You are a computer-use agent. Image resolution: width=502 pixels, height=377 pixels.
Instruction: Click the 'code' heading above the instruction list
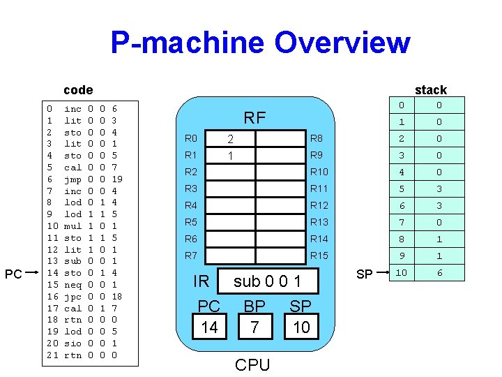(x=77, y=89)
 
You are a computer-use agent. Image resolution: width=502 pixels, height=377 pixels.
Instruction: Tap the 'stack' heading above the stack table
(x=430, y=89)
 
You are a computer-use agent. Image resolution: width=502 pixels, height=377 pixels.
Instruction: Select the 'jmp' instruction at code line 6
(x=73, y=179)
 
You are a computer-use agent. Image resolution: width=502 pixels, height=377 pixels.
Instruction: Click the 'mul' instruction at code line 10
(x=73, y=226)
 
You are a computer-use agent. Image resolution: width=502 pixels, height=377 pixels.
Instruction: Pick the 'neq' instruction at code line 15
(x=73, y=285)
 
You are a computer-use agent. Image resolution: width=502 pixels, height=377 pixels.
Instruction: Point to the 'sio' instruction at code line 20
(x=73, y=343)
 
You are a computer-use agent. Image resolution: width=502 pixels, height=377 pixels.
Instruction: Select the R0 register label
(x=191, y=138)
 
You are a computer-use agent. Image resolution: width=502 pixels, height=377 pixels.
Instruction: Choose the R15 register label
(x=319, y=256)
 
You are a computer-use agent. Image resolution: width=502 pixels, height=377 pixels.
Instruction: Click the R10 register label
(x=319, y=172)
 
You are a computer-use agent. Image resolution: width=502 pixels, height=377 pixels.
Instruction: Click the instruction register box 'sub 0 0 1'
(x=267, y=281)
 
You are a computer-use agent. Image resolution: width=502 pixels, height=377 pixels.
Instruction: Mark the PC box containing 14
(x=209, y=327)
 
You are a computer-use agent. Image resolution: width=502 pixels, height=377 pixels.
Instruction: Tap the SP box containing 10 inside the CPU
(x=301, y=327)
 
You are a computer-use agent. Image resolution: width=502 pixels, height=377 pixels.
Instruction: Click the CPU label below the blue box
(x=252, y=364)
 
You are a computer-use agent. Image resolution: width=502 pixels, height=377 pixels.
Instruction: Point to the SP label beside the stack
(x=364, y=274)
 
